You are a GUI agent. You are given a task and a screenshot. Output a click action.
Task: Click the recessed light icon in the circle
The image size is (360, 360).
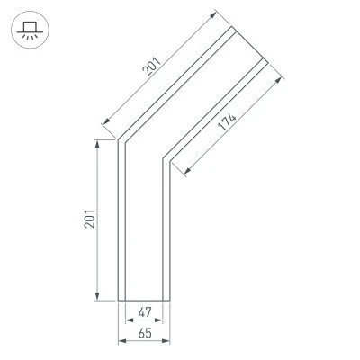[x=30, y=31]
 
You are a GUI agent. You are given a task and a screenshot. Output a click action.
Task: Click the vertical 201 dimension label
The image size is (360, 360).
[x=89, y=219]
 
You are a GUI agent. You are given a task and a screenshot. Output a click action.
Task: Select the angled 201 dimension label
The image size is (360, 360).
[x=152, y=66]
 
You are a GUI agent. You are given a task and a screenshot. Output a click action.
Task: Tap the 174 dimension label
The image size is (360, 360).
[x=227, y=121]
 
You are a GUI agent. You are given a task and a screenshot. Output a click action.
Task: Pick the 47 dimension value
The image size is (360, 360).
[x=145, y=312]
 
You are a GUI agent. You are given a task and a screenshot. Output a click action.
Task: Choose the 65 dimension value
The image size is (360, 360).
[x=145, y=333]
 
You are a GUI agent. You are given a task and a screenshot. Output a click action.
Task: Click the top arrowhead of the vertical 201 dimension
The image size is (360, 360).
[x=96, y=144]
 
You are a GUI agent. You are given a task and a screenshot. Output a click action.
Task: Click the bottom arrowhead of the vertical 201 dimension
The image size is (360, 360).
[x=96, y=296]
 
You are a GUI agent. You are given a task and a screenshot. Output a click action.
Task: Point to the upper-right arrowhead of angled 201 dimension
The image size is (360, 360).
[x=213, y=15]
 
